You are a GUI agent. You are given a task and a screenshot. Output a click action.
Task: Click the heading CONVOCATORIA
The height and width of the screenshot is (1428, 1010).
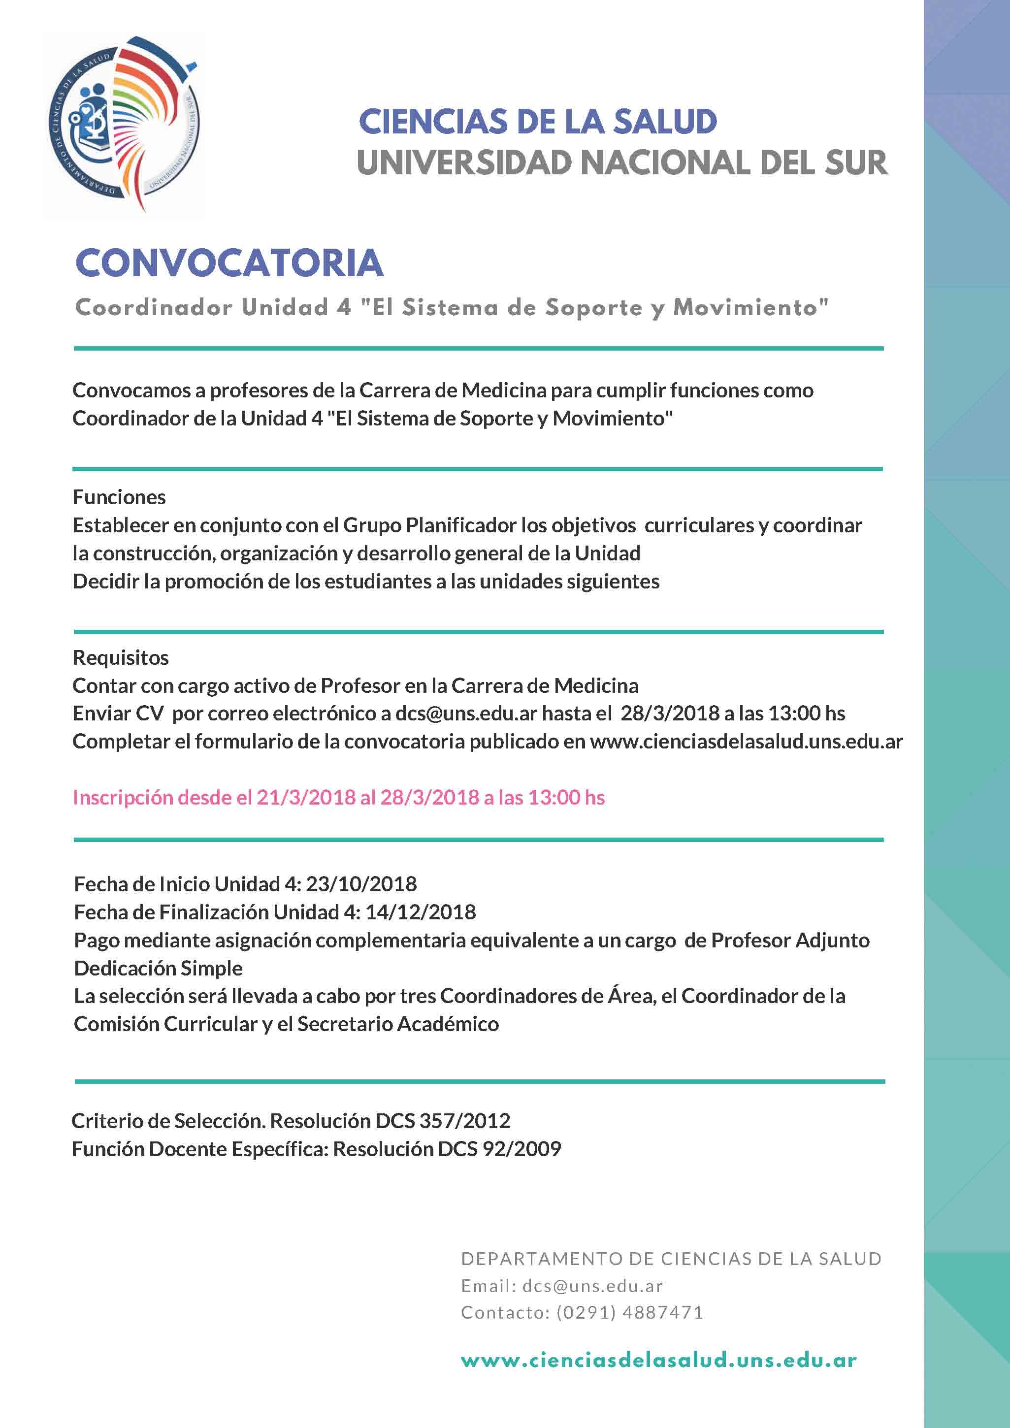pos(229,263)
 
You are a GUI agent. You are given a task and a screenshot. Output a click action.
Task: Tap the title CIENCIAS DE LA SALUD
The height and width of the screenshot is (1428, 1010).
pos(538,121)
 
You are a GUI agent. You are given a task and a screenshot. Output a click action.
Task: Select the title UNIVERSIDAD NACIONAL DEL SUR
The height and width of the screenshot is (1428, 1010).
pos(622,163)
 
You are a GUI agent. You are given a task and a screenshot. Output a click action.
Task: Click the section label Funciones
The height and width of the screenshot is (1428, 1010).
pos(119,497)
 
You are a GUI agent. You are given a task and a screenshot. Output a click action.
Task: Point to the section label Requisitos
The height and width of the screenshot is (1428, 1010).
pos(121,657)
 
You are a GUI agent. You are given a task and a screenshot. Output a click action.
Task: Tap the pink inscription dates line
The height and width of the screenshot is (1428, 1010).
pos(339,797)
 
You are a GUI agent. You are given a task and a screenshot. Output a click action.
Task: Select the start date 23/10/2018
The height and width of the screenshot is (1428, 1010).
pos(361,884)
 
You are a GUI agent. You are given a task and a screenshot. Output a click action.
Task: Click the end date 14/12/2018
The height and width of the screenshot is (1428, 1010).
pos(421,912)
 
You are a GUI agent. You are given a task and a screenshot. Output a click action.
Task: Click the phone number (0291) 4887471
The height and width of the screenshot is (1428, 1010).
pos(629,1312)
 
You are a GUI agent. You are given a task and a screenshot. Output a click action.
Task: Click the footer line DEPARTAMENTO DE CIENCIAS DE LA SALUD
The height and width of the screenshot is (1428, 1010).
pos(671,1259)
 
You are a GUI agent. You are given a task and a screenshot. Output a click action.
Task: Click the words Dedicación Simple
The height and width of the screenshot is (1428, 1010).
pos(159,968)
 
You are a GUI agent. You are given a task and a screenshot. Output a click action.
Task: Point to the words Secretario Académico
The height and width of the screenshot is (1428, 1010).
pos(398,1024)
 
